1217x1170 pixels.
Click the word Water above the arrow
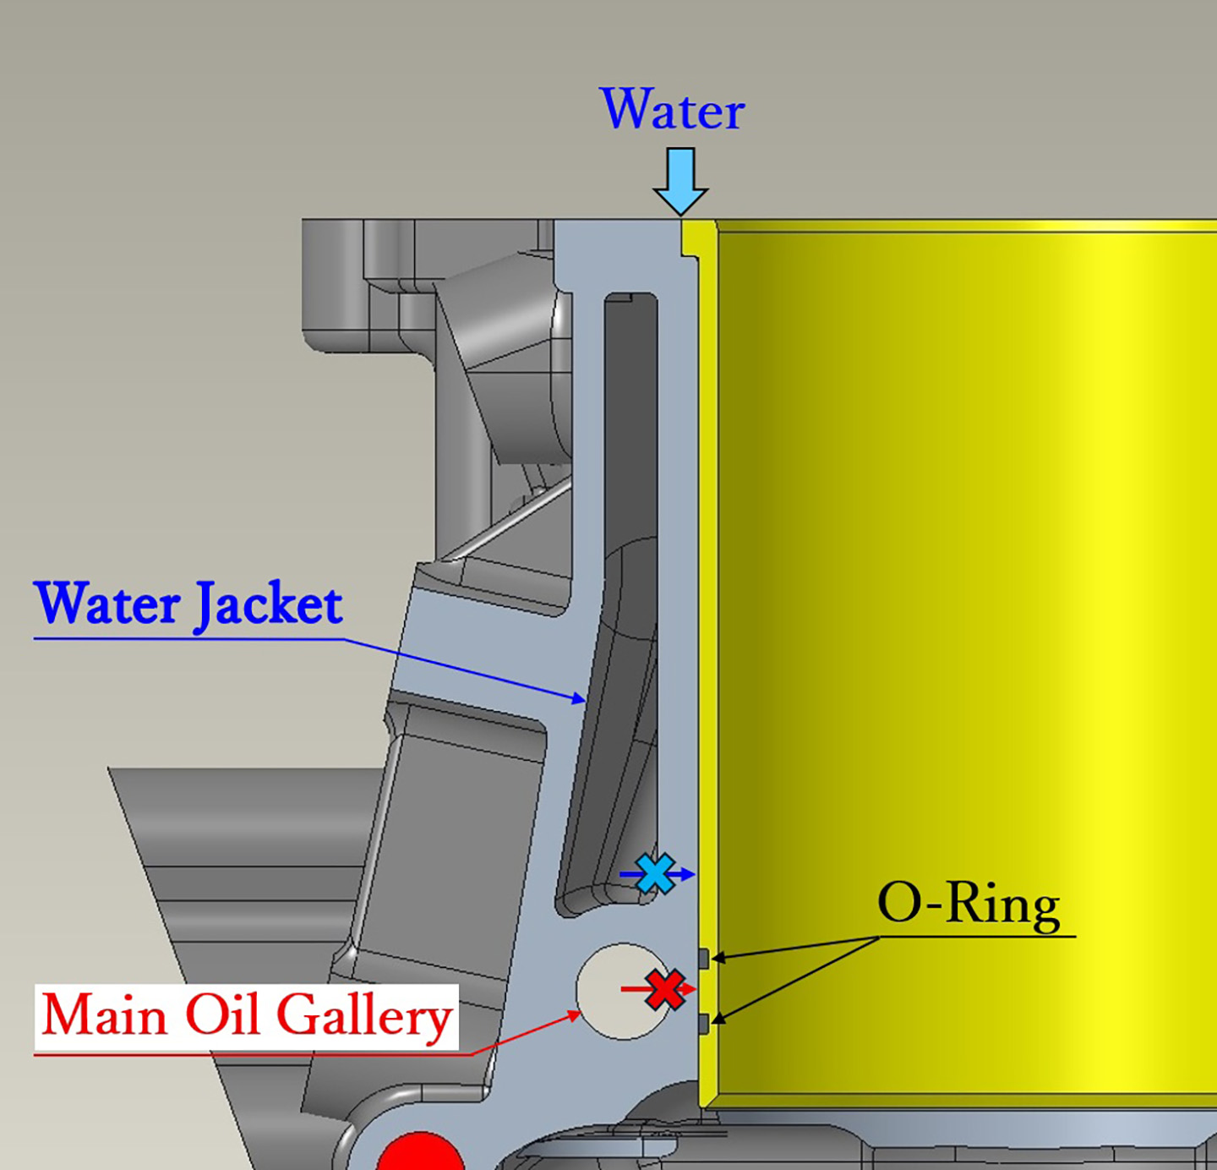tap(672, 110)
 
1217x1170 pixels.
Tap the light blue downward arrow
tap(681, 182)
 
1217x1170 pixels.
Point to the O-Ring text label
tap(969, 905)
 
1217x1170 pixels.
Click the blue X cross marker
tap(655, 873)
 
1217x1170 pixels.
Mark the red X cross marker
tap(665, 989)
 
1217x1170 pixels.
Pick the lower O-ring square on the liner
tap(703, 1023)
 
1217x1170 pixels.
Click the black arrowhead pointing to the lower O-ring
tap(720, 1019)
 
